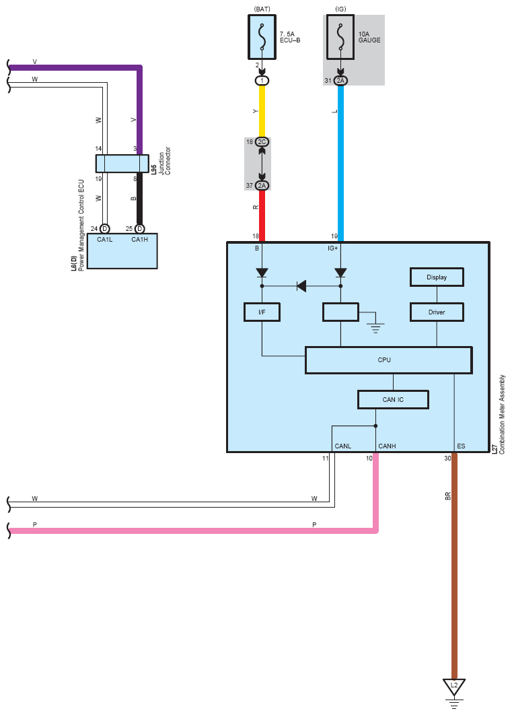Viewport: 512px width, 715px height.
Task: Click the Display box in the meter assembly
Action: (x=437, y=277)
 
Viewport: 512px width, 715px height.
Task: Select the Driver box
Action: (x=437, y=312)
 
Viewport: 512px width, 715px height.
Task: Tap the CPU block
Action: (x=389, y=360)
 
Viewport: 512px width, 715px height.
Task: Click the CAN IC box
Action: (x=393, y=400)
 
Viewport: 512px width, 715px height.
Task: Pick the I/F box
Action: (x=262, y=312)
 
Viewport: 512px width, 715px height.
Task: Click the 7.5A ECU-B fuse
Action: (x=262, y=38)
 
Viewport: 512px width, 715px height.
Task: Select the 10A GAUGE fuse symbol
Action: (x=340, y=38)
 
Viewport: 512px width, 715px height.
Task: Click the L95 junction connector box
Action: (x=122, y=164)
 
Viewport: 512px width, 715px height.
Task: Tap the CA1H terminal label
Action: (x=140, y=240)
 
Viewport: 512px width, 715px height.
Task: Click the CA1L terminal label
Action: (x=105, y=240)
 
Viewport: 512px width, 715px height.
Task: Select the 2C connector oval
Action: (x=262, y=142)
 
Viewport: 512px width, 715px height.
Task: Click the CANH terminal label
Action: (x=387, y=446)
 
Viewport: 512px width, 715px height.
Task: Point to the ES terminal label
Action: (x=461, y=446)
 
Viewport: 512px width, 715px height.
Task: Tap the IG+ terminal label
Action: (x=333, y=248)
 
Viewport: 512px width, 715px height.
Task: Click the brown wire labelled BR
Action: (x=454, y=566)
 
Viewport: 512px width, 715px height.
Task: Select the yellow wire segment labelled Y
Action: (x=262, y=111)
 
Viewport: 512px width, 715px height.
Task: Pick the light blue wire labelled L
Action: (x=340, y=163)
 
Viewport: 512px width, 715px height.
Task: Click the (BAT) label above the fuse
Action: (x=262, y=9)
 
